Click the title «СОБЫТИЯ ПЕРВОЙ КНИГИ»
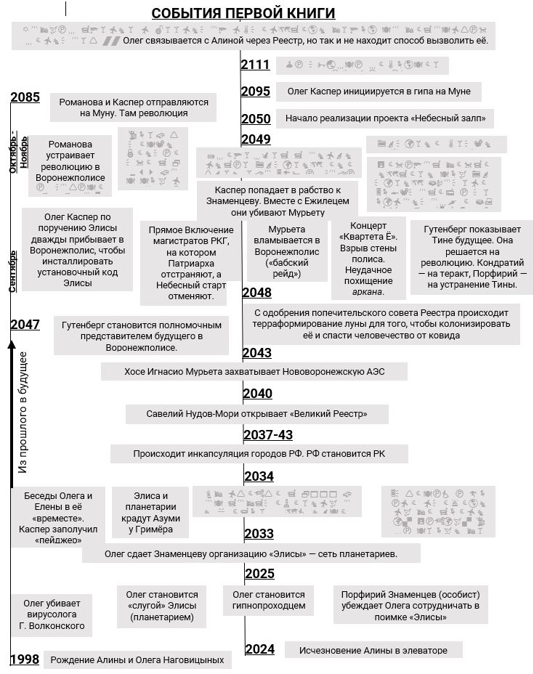point(243,13)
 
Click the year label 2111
point(256,65)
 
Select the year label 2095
point(256,92)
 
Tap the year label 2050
point(256,119)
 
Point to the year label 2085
point(25,98)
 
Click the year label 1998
point(25,659)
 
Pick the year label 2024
point(259,649)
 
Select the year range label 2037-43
point(268,434)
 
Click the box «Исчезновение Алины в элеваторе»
point(373,650)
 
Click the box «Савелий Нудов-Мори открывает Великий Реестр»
point(256,414)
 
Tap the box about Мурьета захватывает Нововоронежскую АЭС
point(254,371)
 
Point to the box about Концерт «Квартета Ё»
point(368,259)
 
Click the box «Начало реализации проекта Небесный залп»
point(385,118)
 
